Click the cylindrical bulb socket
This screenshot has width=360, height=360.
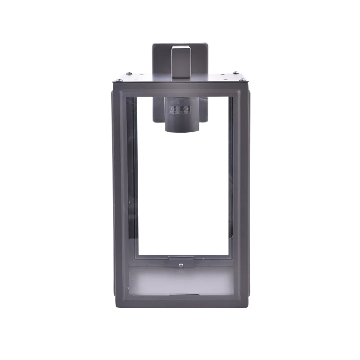click(180, 117)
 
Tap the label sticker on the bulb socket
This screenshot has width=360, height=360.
click(180, 109)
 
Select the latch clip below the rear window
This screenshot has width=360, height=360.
click(180, 261)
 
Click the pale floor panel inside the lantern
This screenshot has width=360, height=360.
click(180, 279)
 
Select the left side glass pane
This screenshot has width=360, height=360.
click(131, 180)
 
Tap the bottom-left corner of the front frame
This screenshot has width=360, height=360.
click(116, 302)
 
